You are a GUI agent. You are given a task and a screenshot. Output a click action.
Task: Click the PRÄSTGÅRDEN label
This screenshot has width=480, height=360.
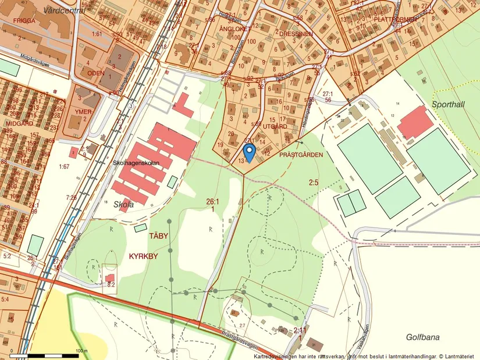coord(301,155)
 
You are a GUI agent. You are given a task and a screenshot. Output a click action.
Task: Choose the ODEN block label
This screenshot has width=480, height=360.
coord(95,73)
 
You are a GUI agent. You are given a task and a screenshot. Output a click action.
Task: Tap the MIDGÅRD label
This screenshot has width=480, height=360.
coord(16,123)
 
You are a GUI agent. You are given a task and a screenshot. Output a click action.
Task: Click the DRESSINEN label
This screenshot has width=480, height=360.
coord(296,34)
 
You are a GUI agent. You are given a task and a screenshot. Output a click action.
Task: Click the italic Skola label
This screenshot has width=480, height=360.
coord(123,204)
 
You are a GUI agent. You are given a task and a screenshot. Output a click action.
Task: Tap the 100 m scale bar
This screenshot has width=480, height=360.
coord(49,355)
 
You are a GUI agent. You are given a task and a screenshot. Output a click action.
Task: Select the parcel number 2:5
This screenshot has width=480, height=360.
coord(314,183)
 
